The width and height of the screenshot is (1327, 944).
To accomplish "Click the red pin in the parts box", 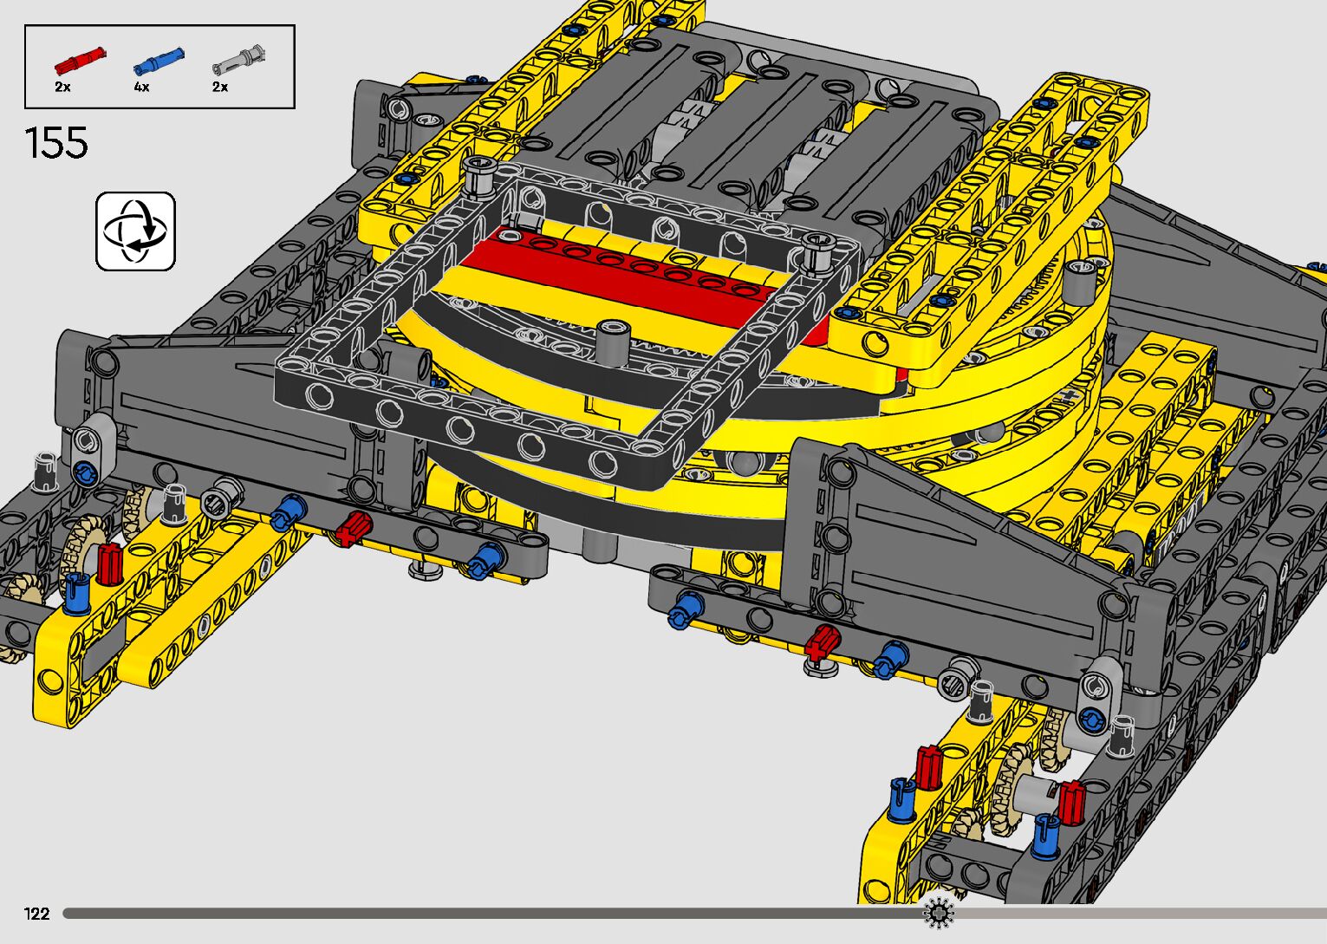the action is point(80,59).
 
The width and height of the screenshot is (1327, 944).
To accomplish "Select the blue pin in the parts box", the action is point(159,61).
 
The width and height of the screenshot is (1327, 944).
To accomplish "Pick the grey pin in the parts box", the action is point(238,60).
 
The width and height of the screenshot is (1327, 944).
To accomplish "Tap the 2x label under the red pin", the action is point(62,87).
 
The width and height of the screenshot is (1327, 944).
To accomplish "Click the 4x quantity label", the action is point(141,87).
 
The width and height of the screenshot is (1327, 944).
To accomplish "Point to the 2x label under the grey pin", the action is point(220,87).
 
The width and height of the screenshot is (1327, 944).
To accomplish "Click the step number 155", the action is point(56,143).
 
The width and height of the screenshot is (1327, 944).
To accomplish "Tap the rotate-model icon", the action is point(136,231).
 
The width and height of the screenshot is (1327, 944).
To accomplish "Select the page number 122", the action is point(36,913).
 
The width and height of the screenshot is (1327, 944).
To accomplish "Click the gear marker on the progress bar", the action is point(939,913).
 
